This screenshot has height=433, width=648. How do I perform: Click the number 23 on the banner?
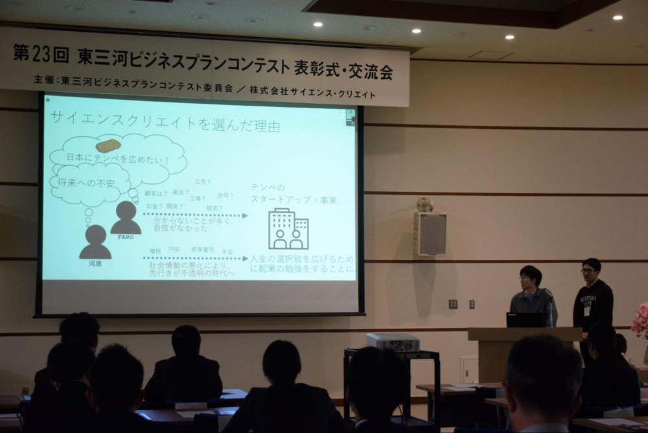41,54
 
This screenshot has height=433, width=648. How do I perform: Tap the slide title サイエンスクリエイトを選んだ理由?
165,124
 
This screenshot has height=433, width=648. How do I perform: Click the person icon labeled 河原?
95,242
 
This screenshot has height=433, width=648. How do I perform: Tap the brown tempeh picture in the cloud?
108,145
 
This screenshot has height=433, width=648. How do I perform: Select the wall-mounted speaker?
430,233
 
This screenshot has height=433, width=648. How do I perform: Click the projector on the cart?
393,342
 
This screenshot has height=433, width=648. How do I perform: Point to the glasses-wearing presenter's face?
590,270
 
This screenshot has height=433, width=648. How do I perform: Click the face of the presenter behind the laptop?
529,278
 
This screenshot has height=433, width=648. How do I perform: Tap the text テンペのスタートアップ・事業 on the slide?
294,194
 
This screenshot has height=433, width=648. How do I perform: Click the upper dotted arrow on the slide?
195,215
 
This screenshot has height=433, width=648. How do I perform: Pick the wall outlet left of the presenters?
453,304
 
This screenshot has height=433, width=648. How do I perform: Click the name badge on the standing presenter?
587,310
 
